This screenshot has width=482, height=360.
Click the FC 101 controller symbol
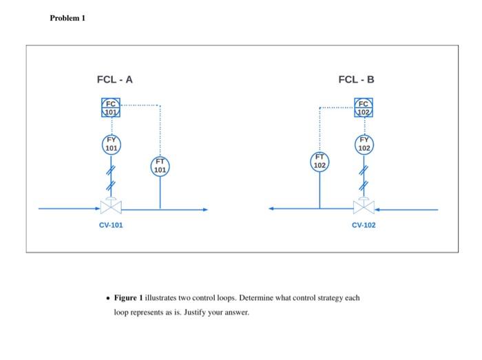pyautogui.click(x=111, y=108)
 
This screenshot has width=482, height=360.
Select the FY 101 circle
pyautogui.click(x=111, y=145)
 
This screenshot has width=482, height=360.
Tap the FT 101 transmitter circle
pyautogui.click(x=160, y=166)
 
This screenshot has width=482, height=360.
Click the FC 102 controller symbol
pyautogui.click(x=364, y=108)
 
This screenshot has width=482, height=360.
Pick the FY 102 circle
pyautogui.click(x=364, y=145)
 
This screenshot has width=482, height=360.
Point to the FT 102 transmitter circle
pyautogui.click(x=319, y=162)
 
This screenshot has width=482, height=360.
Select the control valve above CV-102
pyautogui.click(x=364, y=206)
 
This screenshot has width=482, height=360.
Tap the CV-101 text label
pyautogui.click(x=111, y=225)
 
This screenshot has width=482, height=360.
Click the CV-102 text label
pyautogui.click(x=364, y=225)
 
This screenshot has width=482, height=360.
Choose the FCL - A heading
pyautogui.click(x=115, y=80)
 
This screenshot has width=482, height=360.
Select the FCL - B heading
pyautogui.click(x=357, y=80)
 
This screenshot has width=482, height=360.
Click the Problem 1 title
pyautogui.click(x=67, y=18)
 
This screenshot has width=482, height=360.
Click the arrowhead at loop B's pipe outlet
pyautogui.click(x=273, y=209)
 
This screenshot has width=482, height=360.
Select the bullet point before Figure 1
pyautogui.click(x=108, y=298)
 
